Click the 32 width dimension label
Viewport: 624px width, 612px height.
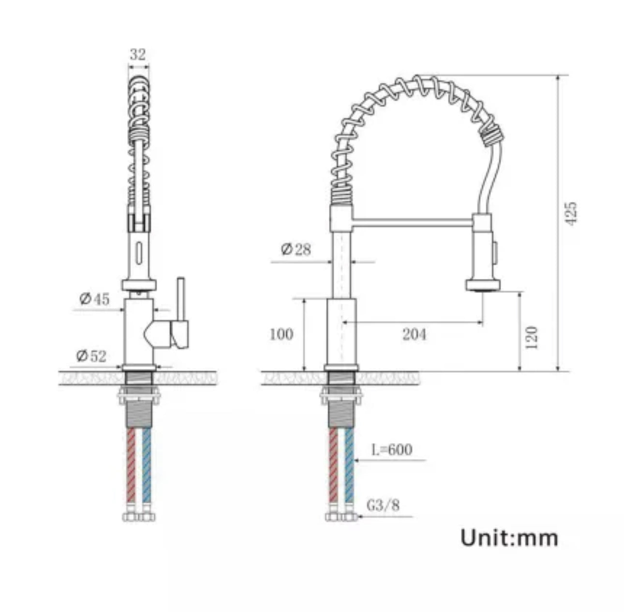coord(138,55)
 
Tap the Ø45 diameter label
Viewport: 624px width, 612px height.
coord(95,300)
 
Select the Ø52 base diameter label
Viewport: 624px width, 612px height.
coord(91,356)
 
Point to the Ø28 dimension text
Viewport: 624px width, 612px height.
coord(296,250)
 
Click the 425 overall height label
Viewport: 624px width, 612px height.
coord(571,213)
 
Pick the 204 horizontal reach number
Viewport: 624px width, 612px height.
coord(415,334)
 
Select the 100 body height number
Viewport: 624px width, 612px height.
coord(281,334)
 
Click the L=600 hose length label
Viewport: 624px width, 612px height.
coord(392,450)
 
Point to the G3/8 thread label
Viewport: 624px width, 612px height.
coord(383,506)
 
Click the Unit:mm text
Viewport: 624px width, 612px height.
coord(509,538)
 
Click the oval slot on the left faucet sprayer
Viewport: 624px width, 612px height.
coord(139,253)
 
